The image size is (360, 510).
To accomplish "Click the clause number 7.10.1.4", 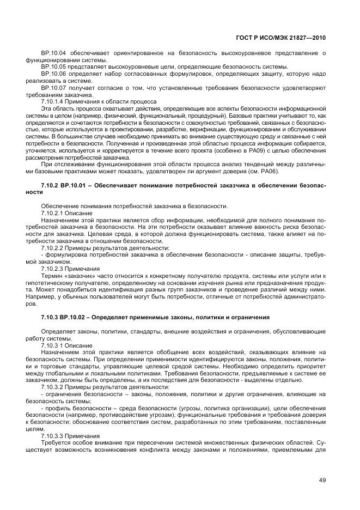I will tap(53, 101).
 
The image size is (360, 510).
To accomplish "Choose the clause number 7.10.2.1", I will tap(53, 213).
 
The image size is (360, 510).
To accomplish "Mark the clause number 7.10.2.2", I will tap(53, 248).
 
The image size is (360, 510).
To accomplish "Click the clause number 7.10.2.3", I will tap(53, 269).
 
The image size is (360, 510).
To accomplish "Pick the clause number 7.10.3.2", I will tap(53, 387).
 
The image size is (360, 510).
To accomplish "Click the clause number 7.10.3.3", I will tap(53, 436).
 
